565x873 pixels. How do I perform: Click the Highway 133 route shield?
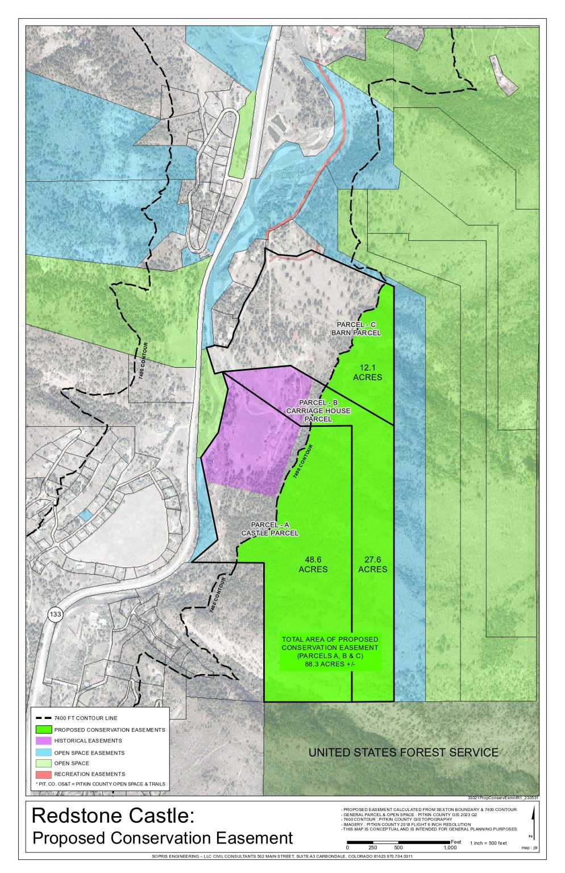[55, 614]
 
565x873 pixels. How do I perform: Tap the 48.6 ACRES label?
[313, 564]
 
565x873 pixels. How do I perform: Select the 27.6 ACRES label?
[372, 564]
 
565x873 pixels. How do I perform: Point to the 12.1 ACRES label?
[367, 372]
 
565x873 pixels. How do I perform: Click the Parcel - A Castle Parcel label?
[269, 529]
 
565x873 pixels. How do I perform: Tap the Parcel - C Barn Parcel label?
[356, 329]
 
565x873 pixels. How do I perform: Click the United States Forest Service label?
[403, 753]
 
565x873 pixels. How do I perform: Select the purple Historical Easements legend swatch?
[44, 741]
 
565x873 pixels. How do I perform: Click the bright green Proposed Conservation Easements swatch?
[44, 729]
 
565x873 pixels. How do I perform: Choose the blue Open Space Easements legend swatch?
[44, 753]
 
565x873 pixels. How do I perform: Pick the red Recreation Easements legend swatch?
[44, 774]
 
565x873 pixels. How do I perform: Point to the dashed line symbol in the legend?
[44, 718]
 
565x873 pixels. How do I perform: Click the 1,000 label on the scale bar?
[450, 847]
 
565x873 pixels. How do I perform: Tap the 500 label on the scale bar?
[398, 847]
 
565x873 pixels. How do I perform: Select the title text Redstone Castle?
[113, 816]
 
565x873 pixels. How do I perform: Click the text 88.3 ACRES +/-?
[330, 663]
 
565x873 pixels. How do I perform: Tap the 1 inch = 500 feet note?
[488, 843]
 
